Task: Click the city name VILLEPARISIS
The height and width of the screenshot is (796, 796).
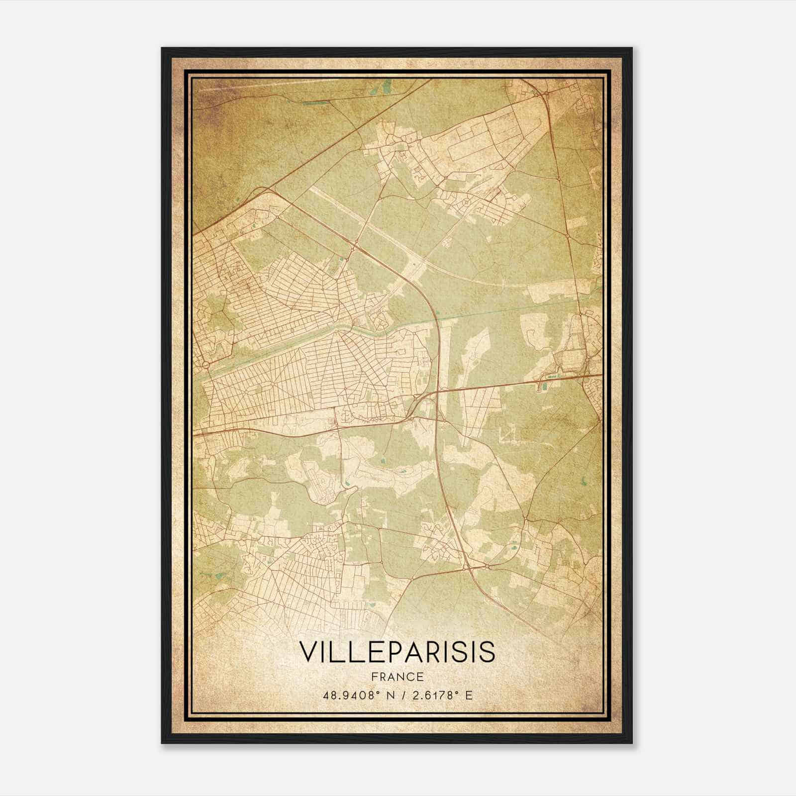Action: (398, 652)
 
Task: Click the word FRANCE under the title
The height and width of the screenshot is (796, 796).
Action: (398, 677)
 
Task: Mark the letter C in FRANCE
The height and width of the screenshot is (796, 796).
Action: (410, 677)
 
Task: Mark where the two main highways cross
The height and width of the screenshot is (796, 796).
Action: (437, 392)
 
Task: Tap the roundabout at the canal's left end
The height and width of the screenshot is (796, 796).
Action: (205, 366)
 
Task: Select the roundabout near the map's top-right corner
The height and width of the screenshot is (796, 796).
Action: (546, 93)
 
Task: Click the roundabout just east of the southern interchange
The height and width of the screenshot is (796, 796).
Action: (488, 566)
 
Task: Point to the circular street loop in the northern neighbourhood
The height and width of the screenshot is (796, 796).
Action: (467, 203)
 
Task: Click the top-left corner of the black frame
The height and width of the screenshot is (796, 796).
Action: (162, 48)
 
